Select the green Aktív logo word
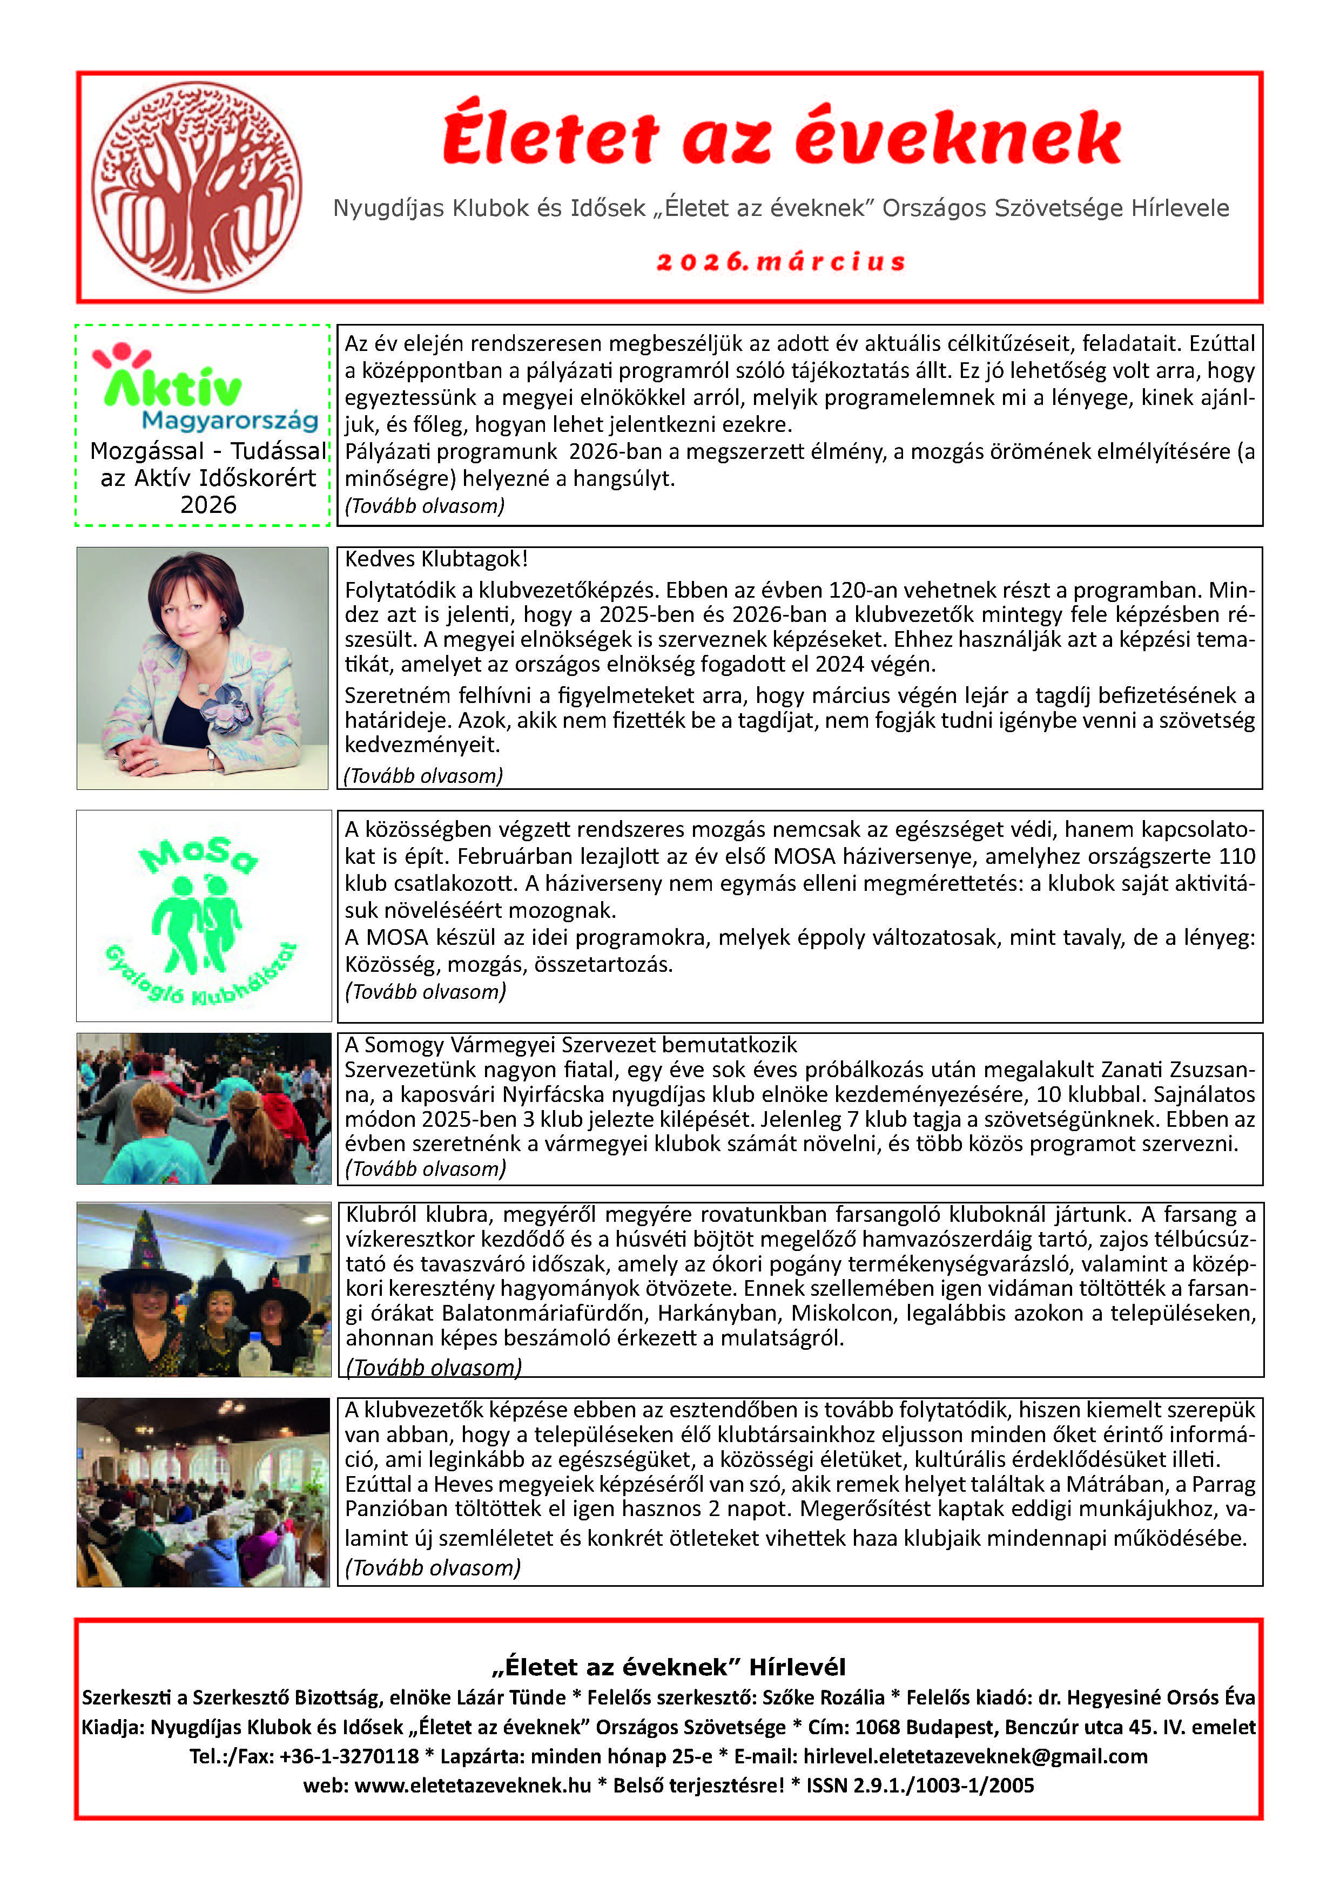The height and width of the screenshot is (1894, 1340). [173, 387]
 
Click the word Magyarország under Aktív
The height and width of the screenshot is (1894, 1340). [230, 421]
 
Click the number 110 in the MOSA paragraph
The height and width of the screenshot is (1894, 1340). [1236, 856]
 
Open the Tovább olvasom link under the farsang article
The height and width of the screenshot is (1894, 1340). [433, 1368]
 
